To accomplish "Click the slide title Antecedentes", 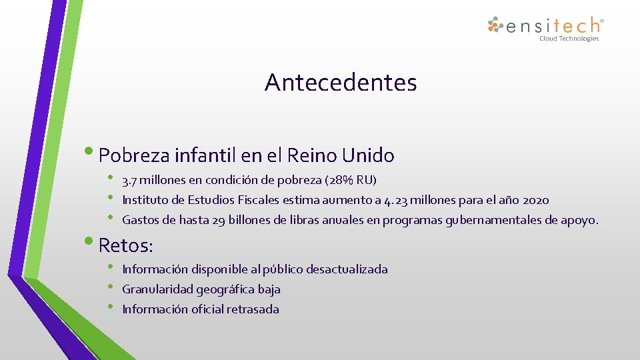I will coord(341,83).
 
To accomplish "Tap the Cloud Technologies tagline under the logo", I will coord(569,39).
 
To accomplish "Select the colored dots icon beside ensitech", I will coord(495,25).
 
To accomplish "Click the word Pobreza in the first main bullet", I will coord(134,156).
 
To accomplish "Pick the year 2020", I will coord(536,200).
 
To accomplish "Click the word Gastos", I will coord(139,220).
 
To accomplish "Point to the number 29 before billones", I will coord(219,220).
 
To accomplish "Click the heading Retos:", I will coord(126,245).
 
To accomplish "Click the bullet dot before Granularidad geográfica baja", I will coord(111,287).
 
